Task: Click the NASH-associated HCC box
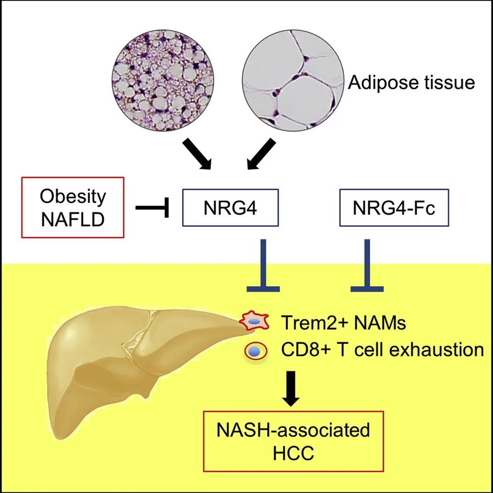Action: coord(293,442)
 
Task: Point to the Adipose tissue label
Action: coord(411,82)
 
